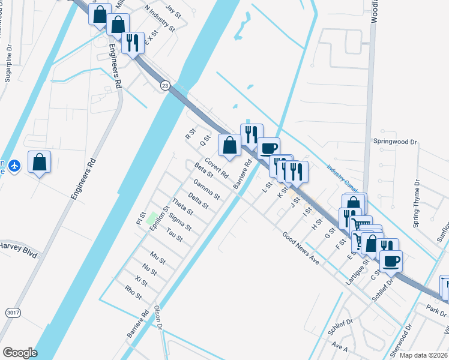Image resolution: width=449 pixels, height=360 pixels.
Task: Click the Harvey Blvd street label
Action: click(x=19, y=245)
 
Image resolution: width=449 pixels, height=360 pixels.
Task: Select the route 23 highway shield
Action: click(x=165, y=86)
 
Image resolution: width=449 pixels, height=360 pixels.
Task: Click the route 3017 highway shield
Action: click(x=12, y=313)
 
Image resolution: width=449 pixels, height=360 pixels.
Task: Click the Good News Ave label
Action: click(x=300, y=248)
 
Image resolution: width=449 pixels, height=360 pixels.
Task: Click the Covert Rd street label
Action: click(x=216, y=168)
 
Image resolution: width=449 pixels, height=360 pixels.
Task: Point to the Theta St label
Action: click(x=182, y=206)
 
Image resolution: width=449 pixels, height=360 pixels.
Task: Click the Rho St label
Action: click(x=133, y=292)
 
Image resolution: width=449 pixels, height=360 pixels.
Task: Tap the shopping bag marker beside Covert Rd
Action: click(x=229, y=145)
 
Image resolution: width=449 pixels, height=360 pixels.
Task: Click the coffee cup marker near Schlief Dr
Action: click(x=391, y=261)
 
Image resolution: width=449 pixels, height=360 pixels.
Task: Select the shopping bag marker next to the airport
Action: click(x=40, y=162)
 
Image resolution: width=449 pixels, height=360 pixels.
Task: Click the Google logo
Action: click(x=20, y=353)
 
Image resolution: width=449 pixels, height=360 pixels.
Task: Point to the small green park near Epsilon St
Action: click(x=152, y=217)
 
